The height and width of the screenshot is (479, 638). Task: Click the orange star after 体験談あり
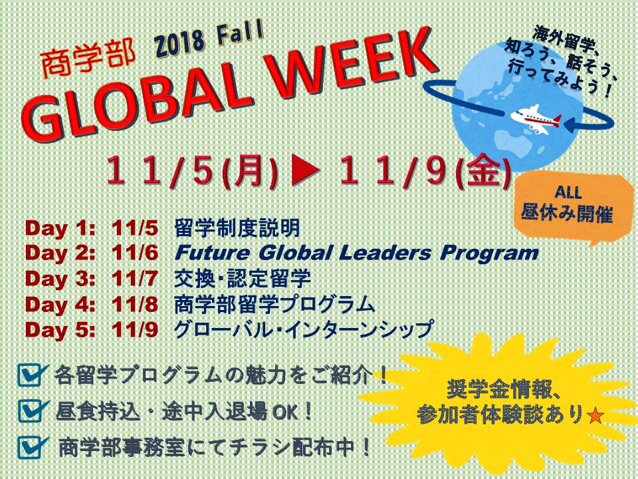tap(595, 415)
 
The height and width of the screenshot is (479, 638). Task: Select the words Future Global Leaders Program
tap(356, 253)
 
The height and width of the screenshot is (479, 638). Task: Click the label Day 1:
tap(60, 228)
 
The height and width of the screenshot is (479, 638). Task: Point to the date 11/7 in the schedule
tap(135, 279)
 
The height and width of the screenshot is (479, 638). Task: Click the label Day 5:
tap(60, 329)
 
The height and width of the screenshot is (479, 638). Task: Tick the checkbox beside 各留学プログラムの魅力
tap(32, 375)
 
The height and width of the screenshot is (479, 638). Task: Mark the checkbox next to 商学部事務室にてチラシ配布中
tap(32, 448)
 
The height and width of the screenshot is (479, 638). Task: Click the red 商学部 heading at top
tap(88, 60)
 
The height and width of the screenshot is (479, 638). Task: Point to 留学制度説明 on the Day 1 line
tap(237, 228)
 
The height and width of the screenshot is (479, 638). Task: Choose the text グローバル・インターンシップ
tap(303, 329)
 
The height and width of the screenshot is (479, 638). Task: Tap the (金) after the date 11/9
tap(482, 172)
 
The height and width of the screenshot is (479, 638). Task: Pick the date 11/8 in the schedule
tap(135, 304)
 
